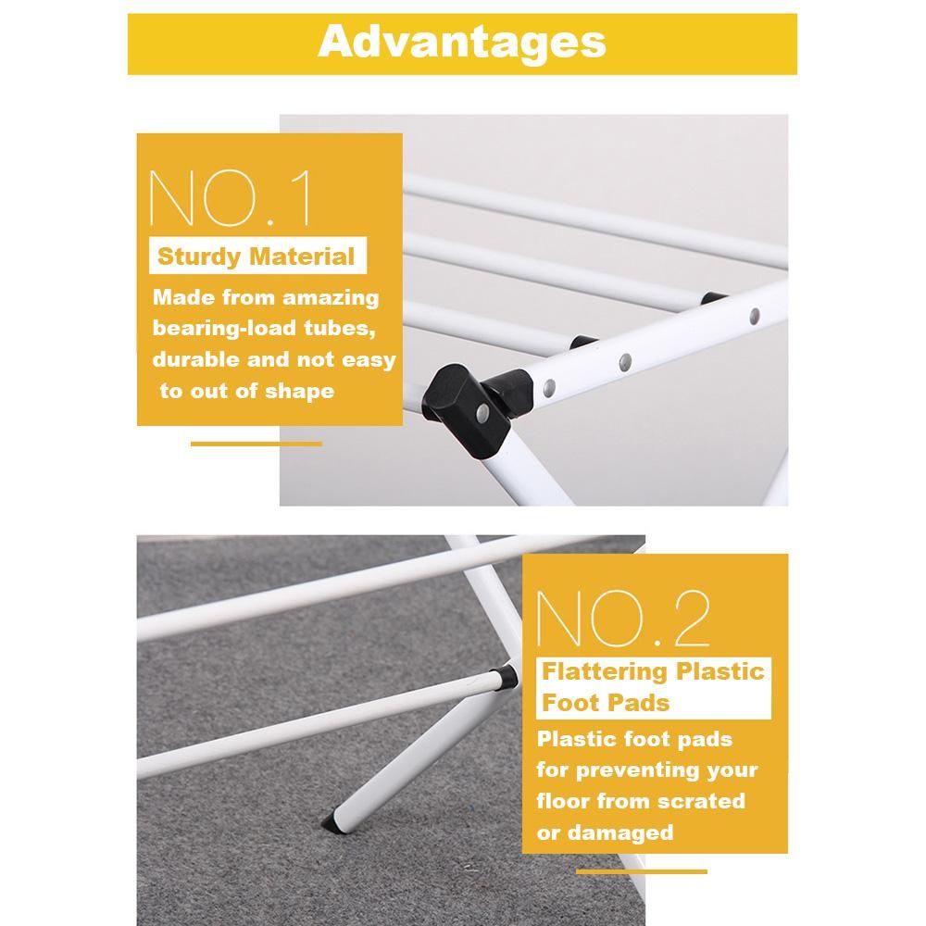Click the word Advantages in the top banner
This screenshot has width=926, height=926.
462,43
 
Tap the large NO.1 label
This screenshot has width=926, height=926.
231,198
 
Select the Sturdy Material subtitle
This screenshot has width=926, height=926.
256,257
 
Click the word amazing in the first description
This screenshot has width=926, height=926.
331,298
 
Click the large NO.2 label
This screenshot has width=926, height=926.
623,619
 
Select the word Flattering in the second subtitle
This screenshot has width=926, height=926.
604,672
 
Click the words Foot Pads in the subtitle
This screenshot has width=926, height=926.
606,703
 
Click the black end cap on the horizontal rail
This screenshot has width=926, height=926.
507,678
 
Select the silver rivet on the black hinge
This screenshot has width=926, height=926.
482,412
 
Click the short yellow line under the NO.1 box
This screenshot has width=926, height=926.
257,444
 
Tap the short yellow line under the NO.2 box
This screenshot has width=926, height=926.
642,871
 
